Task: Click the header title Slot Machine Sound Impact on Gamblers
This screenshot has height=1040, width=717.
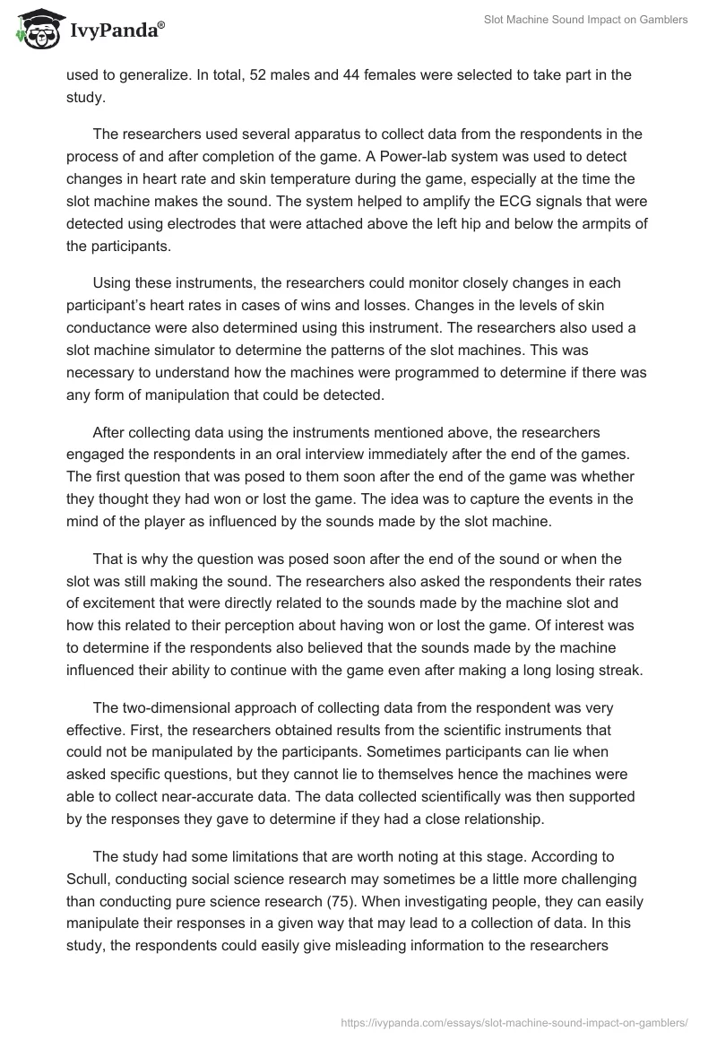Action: click(584, 20)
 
